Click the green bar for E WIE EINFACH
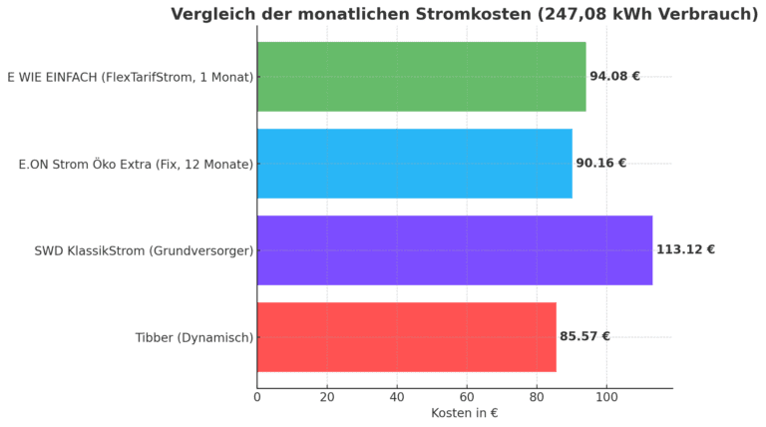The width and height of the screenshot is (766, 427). tap(421, 77)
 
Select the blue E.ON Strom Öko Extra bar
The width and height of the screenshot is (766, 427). tap(414, 164)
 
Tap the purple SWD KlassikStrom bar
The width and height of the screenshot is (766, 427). tap(454, 250)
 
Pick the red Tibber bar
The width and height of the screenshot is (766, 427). tap(406, 337)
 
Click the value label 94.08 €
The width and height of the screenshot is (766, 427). tap(614, 77)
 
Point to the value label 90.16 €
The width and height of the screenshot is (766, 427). tap(600, 164)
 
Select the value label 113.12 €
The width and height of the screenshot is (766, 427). tap(685, 250)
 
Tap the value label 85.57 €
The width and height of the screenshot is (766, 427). tap(584, 337)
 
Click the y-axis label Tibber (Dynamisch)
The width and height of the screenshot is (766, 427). tap(194, 337)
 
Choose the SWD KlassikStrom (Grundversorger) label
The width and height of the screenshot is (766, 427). tap(144, 250)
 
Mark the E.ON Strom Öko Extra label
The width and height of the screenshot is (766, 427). tap(136, 164)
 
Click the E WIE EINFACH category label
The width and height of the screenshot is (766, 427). tap(130, 77)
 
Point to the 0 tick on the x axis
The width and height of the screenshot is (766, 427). tap(257, 397)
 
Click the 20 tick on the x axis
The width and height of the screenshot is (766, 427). tap(327, 397)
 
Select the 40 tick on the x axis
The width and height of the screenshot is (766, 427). tap(397, 397)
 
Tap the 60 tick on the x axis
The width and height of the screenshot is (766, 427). tap(467, 397)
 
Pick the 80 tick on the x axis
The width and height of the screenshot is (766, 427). tap(537, 397)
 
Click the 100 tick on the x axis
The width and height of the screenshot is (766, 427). tap(606, 397)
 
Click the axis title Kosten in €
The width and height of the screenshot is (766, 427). tap(464, 413)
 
